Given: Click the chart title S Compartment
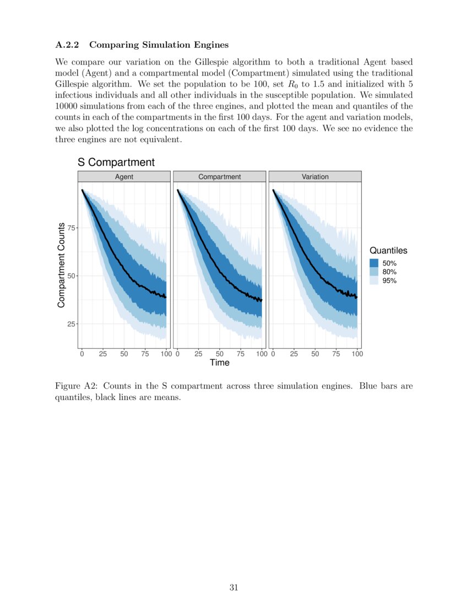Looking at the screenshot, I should [116, 162].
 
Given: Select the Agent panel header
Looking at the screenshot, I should [124, 177].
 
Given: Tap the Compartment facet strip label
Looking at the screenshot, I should [219, 177].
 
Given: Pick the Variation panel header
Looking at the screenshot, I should [315, 177].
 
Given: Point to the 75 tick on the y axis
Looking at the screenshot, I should [71, 228].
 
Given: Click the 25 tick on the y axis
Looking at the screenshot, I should [71, 324].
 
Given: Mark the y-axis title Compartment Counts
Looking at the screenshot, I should [61, 266].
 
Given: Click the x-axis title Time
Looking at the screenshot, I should [219, 362].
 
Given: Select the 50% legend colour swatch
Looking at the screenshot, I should [374, 263].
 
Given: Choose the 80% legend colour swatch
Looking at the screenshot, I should [374, 272].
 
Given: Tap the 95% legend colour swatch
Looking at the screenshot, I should [374, 280].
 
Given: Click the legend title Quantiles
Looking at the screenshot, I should [388, 251].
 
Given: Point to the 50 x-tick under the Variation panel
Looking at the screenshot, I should [315, 354].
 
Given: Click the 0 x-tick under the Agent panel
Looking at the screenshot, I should [82, 354].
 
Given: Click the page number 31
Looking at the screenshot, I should [233, 587].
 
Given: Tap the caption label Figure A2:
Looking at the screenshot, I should [77, 386].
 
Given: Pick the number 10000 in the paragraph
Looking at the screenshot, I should [68, 106].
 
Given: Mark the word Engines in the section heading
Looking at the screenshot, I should [211, 44].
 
